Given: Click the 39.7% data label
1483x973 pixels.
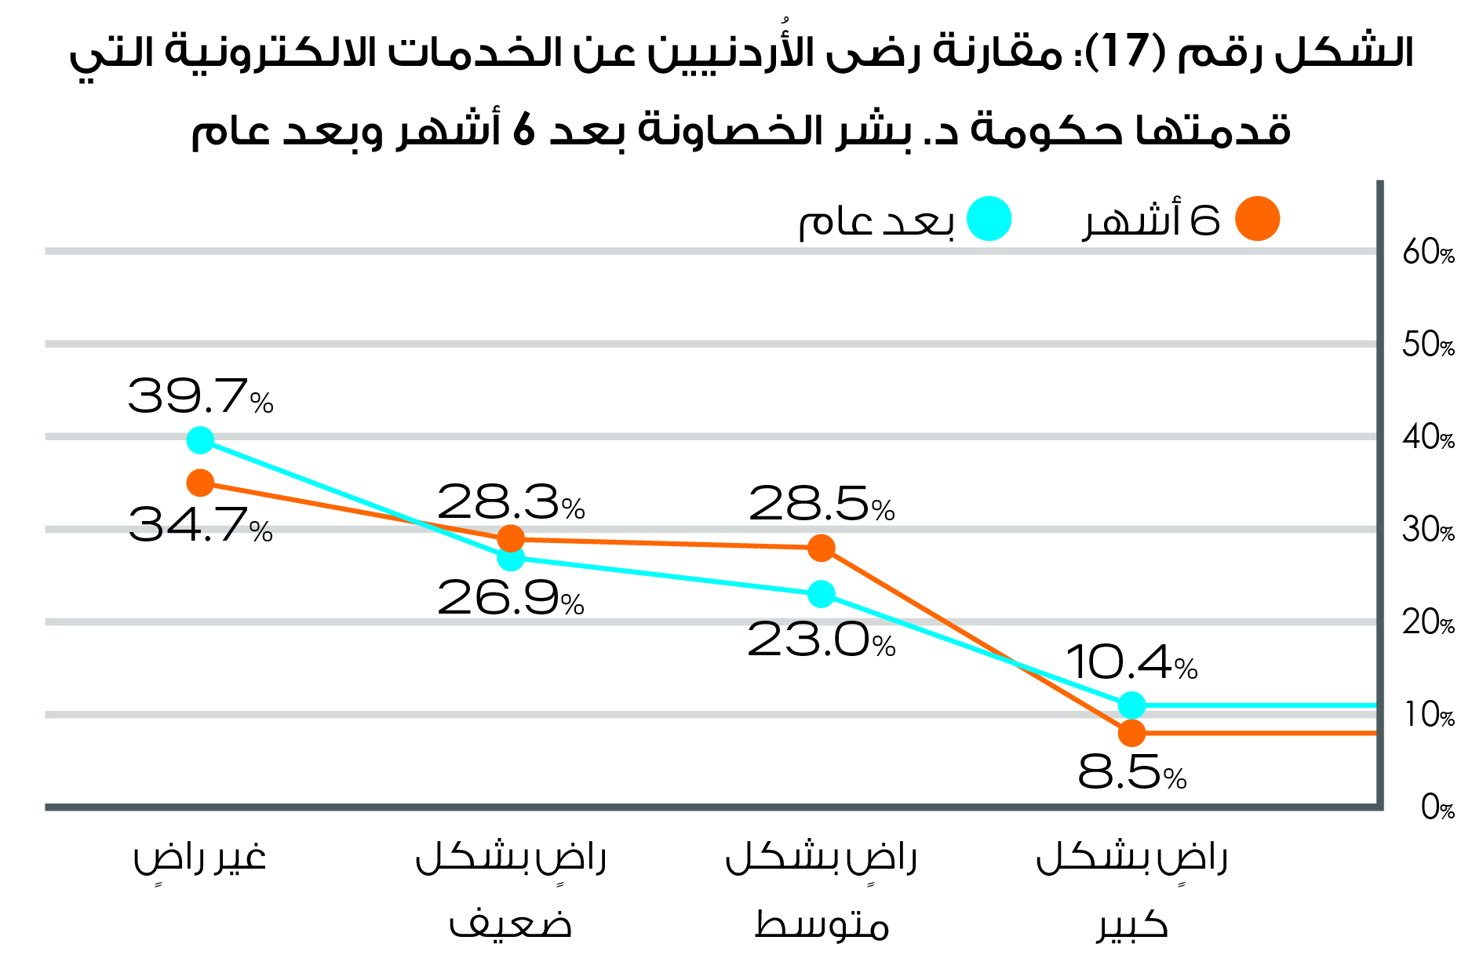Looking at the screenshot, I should pos(200,396).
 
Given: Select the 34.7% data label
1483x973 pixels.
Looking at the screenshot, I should pos(200,525).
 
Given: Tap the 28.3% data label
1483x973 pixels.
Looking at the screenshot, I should pos(511,502).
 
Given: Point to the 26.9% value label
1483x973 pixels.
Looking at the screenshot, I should pos(511,598).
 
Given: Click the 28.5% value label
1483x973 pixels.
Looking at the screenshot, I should pos(822,504).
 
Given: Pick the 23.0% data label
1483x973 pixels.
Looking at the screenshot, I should pos(822,640).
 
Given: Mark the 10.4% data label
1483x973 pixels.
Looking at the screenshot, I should pos(1131,662).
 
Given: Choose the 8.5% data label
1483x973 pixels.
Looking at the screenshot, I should pos(1131,773).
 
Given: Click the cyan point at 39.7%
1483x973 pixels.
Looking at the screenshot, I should pos(201,440).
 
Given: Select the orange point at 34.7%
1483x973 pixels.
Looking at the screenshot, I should pos(201,483).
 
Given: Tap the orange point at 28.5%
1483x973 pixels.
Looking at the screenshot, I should pos(822,548).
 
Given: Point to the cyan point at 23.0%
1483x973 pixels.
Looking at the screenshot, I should pos(822,594).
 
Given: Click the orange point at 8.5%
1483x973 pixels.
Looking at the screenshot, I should pos(1131,733).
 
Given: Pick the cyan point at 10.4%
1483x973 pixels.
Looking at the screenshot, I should pos(1131,705).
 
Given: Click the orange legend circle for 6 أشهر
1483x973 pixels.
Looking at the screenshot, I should pos(1257,219).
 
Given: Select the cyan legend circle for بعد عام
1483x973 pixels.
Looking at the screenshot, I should pos(989,219).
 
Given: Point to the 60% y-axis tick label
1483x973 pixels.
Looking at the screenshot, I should pos(1428,253).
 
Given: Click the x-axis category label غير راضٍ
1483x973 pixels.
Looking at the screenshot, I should pos(200,858).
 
